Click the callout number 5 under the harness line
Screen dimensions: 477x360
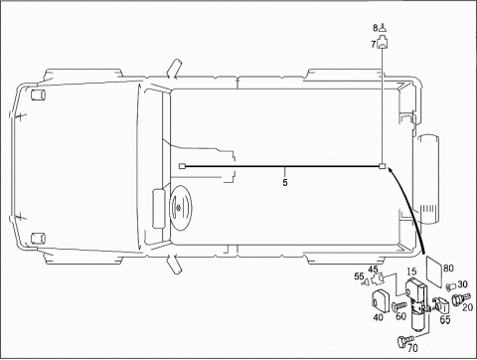285,182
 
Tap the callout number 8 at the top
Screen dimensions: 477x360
375,28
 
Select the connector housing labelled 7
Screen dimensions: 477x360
384,44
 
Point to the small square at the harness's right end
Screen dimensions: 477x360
383,166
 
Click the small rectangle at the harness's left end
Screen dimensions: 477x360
182,166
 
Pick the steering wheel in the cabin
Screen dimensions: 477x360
180,208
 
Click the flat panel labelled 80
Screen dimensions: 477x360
434,271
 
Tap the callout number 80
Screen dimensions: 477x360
448,268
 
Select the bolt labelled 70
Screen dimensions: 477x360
405,341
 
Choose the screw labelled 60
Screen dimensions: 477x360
399,305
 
